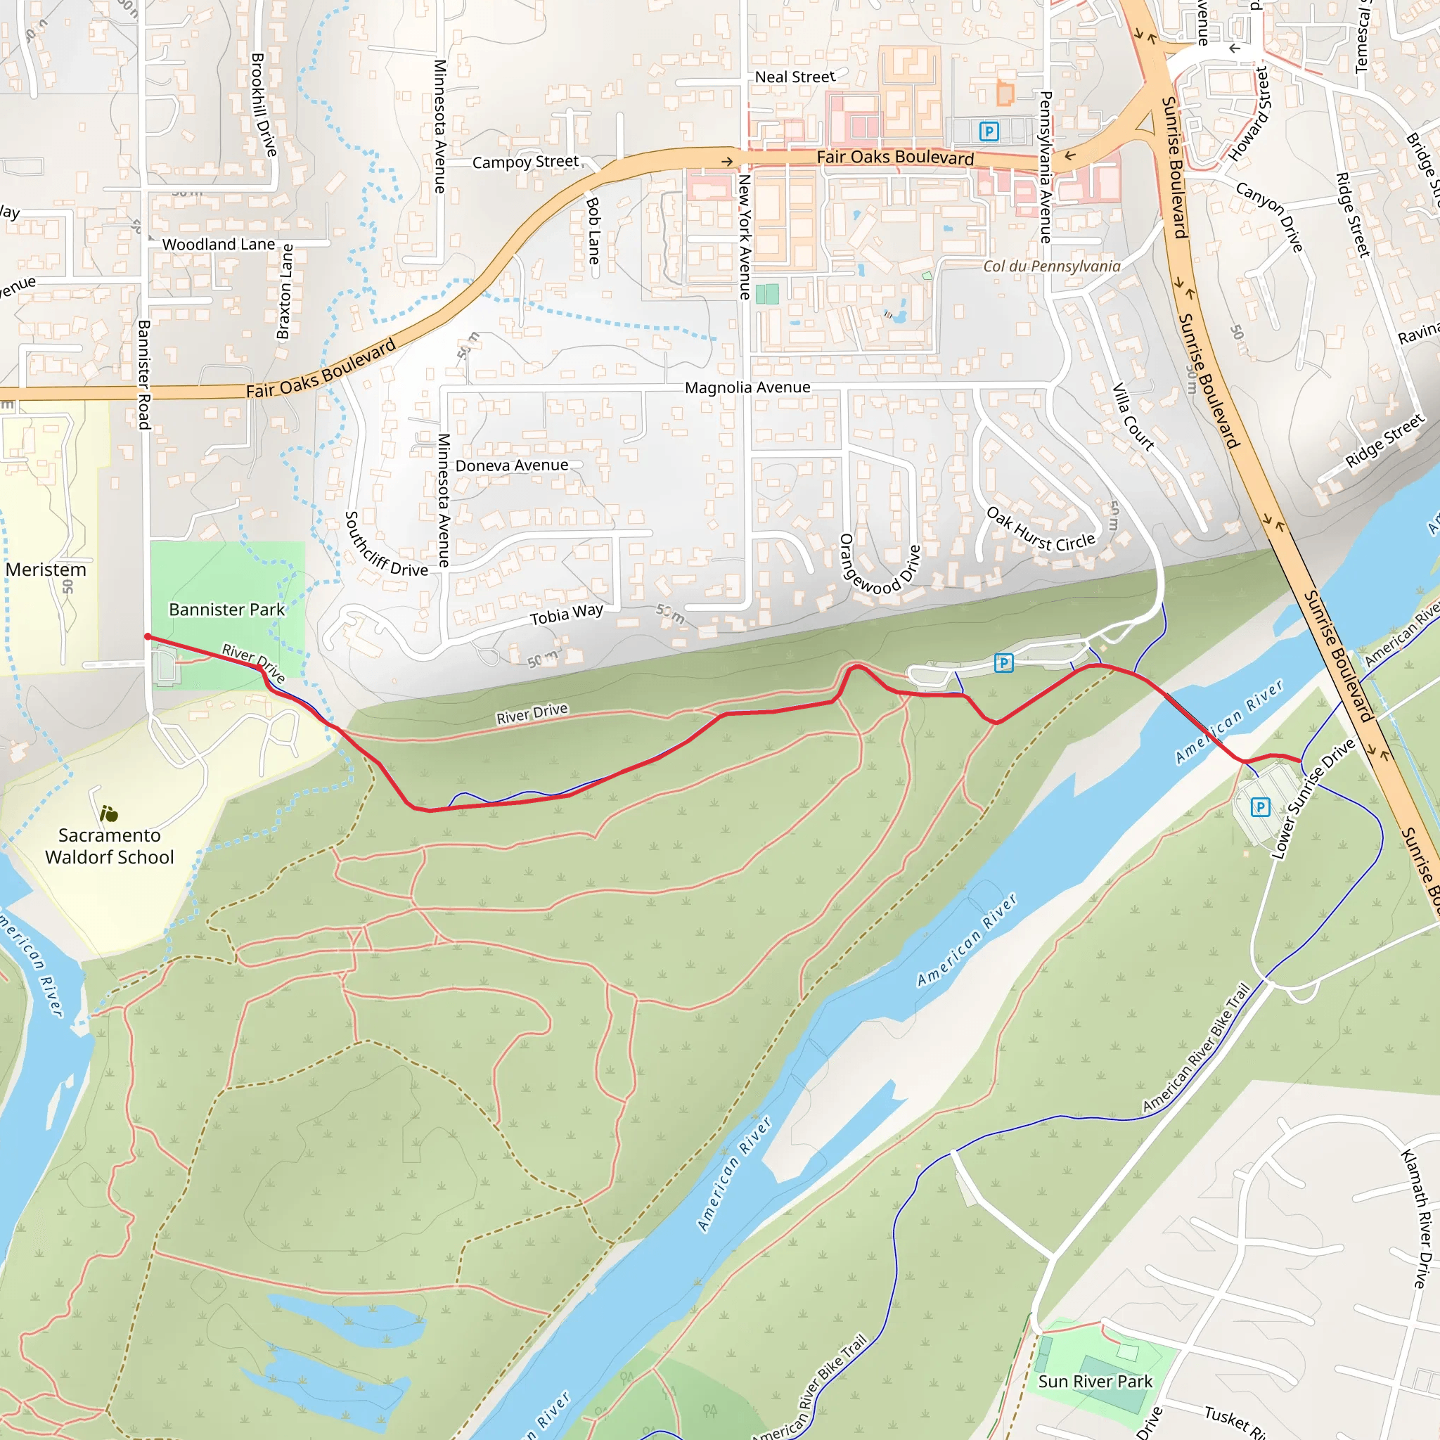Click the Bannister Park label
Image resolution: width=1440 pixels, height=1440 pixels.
coord(226,610)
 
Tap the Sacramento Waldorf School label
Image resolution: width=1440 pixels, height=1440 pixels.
coord(110,846)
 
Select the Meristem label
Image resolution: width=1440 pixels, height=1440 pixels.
coord(46,570)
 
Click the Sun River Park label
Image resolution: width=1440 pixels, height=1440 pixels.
coord(1095,1381)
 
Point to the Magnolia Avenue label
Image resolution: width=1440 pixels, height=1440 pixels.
coord(747,387)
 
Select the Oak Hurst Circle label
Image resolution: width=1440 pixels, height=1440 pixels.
coord(1041,530)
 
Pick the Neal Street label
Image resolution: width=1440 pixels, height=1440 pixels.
coord(795,77)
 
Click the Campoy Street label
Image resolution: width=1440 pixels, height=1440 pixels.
coord(525,162)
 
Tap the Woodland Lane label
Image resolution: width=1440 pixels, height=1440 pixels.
coord(219,245)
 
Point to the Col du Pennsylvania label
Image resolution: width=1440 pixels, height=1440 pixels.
coord(1051,266)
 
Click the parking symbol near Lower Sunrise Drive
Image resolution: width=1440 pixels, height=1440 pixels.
coord(1259,807)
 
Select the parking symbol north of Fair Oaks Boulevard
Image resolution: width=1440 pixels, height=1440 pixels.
coord(989,132)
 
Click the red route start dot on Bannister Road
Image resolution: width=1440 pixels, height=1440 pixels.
coord(148,636)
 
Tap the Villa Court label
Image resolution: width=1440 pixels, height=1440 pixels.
coord(1133,418)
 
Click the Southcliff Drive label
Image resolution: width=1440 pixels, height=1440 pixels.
coord(385,545)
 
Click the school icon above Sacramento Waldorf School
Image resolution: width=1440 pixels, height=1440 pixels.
coord(109,814)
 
